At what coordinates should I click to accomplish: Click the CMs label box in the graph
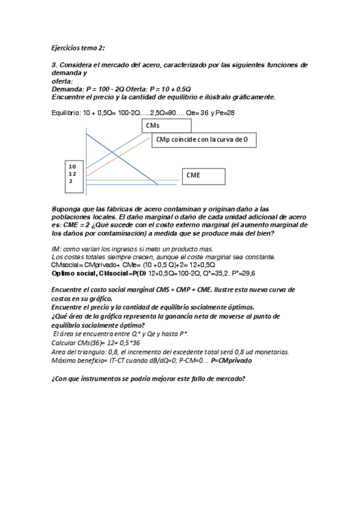(167, 125)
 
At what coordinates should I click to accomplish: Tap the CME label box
(204, 176)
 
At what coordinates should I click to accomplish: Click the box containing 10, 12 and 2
(73, 176)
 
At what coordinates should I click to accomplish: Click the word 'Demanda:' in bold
(68, 88)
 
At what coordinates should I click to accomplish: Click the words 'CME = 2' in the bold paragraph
(75, 224)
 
